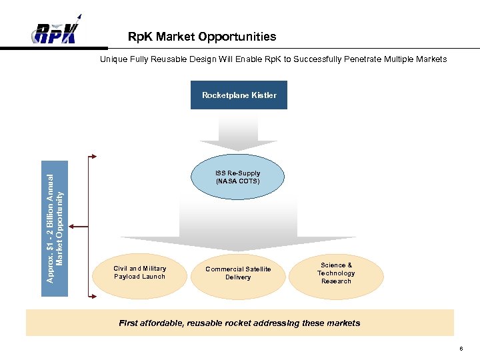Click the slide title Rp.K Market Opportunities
(201, 37)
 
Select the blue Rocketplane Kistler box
(239, 95)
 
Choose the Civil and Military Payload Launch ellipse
(139, 273)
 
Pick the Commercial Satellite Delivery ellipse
(238, 274)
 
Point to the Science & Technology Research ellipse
(336, 273)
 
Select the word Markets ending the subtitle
(431, 59)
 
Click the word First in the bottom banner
(130, 323)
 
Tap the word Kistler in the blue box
(263, 95)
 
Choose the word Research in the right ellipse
(336, 281)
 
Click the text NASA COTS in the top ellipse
(238, 181)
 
